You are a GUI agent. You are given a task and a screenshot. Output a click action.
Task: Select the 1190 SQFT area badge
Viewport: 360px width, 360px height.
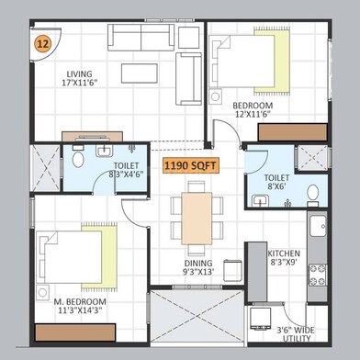(x=191, y=166)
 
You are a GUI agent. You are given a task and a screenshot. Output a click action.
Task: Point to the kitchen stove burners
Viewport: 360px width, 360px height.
(x=318, y=272)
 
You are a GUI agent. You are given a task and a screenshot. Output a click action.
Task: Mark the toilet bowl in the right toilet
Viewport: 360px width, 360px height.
(x=314, y=192)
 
